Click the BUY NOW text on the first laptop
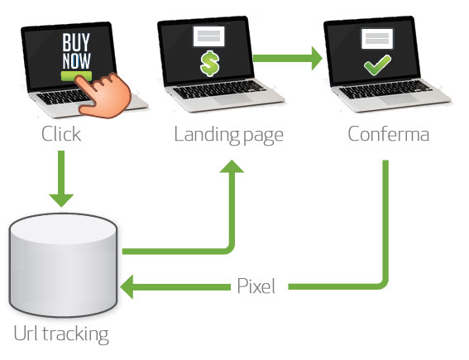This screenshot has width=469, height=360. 76,50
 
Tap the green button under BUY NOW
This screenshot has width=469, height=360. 76,76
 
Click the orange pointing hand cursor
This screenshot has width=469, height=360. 103,95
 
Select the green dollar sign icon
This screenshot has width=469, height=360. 209,63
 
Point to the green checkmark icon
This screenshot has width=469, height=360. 377,65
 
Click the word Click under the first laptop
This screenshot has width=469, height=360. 61,133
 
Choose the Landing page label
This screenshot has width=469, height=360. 229,135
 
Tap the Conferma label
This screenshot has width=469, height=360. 389,134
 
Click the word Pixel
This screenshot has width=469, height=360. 256,286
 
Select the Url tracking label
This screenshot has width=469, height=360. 61,334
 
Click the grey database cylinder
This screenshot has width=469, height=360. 63,265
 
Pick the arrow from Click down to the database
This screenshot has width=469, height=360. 61,179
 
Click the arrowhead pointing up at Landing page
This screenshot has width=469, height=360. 232,166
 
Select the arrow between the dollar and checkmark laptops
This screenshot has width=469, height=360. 288,58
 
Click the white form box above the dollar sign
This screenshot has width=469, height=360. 208,36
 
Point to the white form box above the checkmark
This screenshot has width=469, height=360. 377,38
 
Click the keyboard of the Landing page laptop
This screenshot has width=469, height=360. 219,89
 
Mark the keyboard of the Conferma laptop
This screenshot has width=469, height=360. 385,89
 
